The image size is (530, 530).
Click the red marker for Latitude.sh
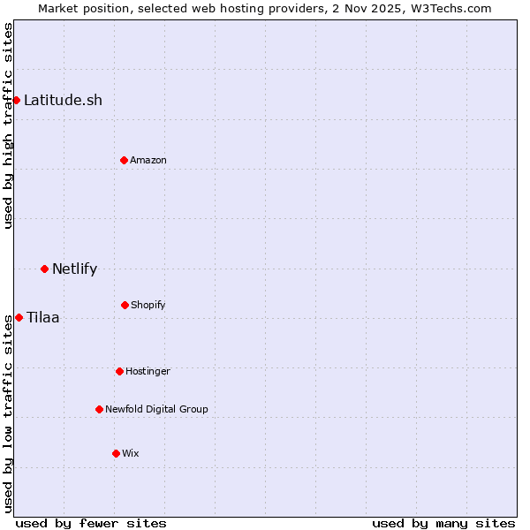click(x=16, y=100)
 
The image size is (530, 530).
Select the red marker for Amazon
click(x=124, y=160)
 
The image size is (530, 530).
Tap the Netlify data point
click(x=44, y=269)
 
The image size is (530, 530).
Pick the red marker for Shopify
click(x=125, y=305)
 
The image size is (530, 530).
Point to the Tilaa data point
click(x=19, y=317)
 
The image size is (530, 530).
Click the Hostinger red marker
click(x=119, y=371)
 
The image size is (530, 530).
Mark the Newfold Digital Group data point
click(x=99, y=409)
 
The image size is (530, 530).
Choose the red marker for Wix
click(x=116, y=453)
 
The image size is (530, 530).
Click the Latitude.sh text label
click(x=63, y=100)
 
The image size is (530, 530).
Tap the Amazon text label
click(x=148, y=160)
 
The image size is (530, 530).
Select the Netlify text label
click(x=74, y=269)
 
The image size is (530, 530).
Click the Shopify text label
click(x=148, y=305)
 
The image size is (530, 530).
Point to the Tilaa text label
click(x=43, y=317)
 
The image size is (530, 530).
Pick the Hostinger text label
click(x=148, y=371)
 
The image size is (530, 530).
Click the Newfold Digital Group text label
click(x=156, y=409)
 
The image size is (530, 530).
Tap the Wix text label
click(x=131, y=453)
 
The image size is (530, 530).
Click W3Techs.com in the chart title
click(x=450, y=8)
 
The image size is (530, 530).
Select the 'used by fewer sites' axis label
click(x=91, y=523)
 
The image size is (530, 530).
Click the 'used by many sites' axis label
click(x=443, y=523)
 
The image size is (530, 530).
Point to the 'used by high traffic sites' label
click(x=8, y=125)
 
